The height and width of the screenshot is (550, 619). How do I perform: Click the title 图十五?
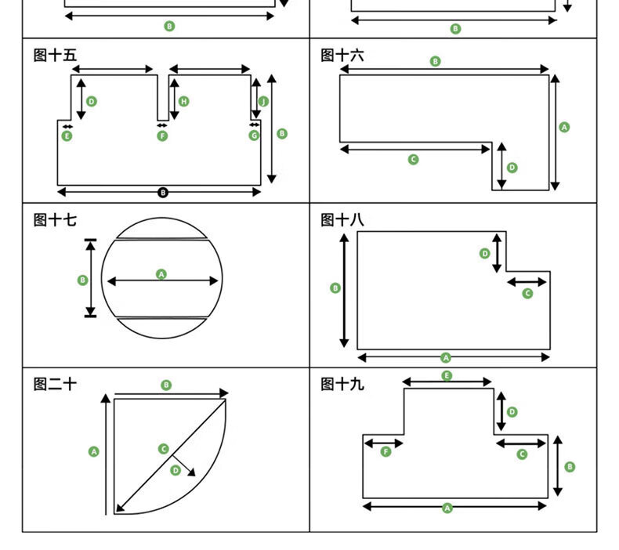[x=56, y=56]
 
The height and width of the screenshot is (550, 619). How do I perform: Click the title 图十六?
[x=342, y=56]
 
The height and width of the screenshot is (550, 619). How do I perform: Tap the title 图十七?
[x=56, y=220]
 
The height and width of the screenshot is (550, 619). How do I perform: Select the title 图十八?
[x=342, y=220]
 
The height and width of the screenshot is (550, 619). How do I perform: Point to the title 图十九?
[x=342, y=384]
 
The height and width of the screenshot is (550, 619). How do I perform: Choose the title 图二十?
[x=56, y=384]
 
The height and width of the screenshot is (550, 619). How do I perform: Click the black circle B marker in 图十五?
[x=163, y=193]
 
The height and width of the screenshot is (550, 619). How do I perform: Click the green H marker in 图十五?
[x=184, y=101]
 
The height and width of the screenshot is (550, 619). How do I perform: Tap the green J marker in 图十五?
[x=263, y=101]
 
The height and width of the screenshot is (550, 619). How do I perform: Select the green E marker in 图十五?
[x=67, y=136]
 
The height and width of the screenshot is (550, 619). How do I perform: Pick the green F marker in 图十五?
[x=162, y=136]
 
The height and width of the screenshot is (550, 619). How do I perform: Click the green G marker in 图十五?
[x=254, y=136]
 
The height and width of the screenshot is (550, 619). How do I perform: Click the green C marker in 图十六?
[x=414, y=160]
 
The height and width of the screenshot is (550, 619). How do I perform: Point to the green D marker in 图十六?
[x=512, y=168]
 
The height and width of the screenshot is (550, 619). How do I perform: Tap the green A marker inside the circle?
[x=161, y=274]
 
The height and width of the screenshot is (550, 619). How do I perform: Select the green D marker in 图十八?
[x=484, y=253]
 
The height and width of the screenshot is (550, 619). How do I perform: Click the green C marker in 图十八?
[x=527, y=293]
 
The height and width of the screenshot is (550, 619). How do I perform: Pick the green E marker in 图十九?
[x=447, y=376]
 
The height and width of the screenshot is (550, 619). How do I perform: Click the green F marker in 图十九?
[x=386, y=452]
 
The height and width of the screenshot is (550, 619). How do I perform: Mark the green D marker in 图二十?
[x=176, y=470]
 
